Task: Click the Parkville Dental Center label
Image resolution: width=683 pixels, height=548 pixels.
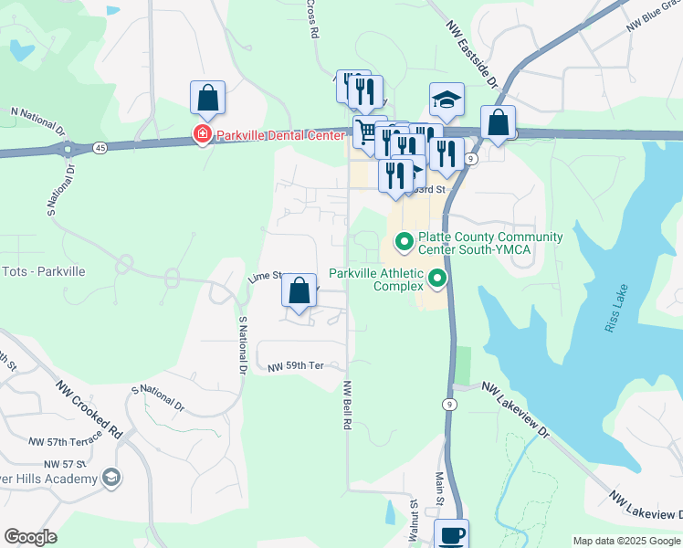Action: coord(279,135)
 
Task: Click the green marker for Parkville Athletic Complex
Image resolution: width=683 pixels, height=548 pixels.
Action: coord(438,279)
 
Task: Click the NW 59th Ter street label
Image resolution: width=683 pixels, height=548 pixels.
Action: coord(296,366)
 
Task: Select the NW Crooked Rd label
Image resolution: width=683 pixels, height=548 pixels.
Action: coord(88,409)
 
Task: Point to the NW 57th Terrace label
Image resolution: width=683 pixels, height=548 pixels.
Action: coord(62,441)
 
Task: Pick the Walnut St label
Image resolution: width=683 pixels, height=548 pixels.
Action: coord(414,518)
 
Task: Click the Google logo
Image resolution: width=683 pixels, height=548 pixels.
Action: coord(30,537)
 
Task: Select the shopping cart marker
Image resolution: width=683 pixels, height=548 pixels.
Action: coord(367,131)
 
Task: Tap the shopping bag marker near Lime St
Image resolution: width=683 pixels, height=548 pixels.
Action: coord(299,292)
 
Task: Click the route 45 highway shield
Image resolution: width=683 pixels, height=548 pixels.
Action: coord(98,147)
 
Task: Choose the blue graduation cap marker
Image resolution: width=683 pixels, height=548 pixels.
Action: coord(447,99)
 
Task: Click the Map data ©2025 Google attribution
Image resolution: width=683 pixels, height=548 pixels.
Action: coord(626,541)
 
